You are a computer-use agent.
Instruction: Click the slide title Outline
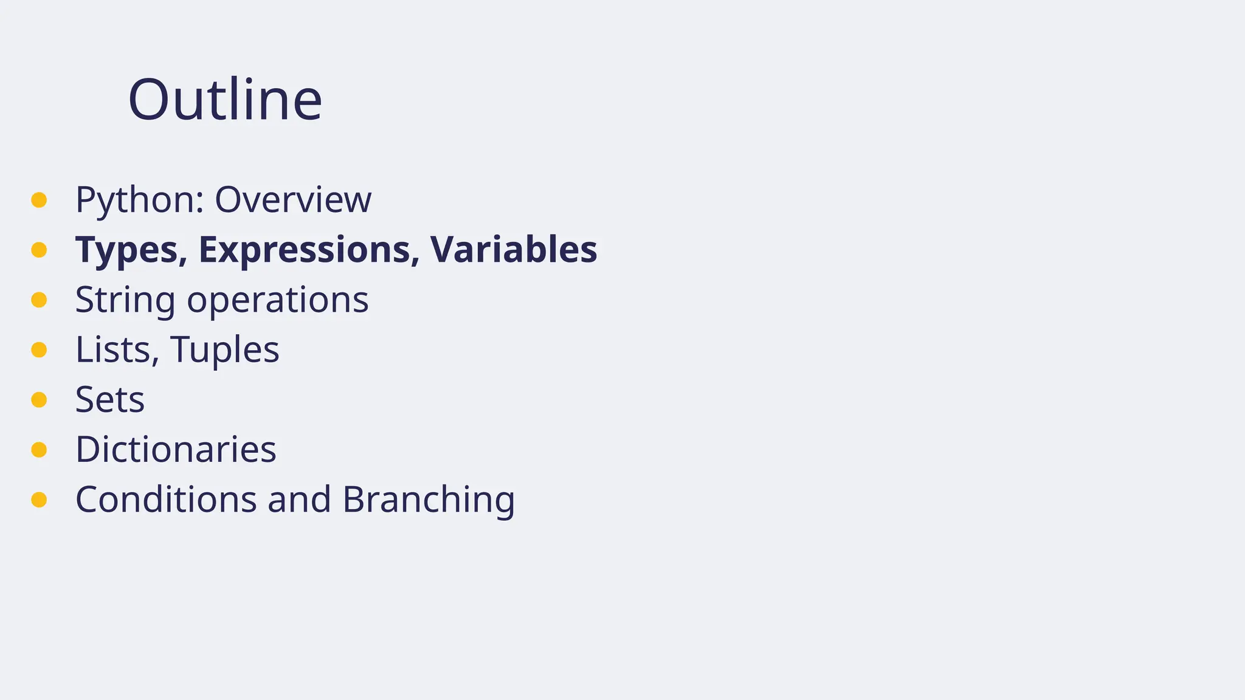(x=225, y=100)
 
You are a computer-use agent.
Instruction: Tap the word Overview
(x=292, y=200)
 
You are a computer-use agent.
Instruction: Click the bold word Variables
(x=514, y=250)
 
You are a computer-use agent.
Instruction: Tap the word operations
(x=278, y=300)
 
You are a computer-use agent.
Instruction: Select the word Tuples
(x=225, y=350)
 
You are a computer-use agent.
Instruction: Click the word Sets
(x=110, y=400)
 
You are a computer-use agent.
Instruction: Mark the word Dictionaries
(x=176, y=450)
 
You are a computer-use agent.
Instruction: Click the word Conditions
(x=166, y=499)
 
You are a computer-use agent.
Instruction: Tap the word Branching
(x=429, y=499)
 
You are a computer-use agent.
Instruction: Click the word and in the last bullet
(x=299, y=499)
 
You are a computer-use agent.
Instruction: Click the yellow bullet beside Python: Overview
(x=39, y=200)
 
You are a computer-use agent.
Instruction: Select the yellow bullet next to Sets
(x=39, y=400)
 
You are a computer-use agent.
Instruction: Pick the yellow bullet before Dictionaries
(x=39, y=450)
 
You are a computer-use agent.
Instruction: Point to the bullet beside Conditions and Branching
(x=39, y=499)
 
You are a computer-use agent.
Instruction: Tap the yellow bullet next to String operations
(x=39, y=300)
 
